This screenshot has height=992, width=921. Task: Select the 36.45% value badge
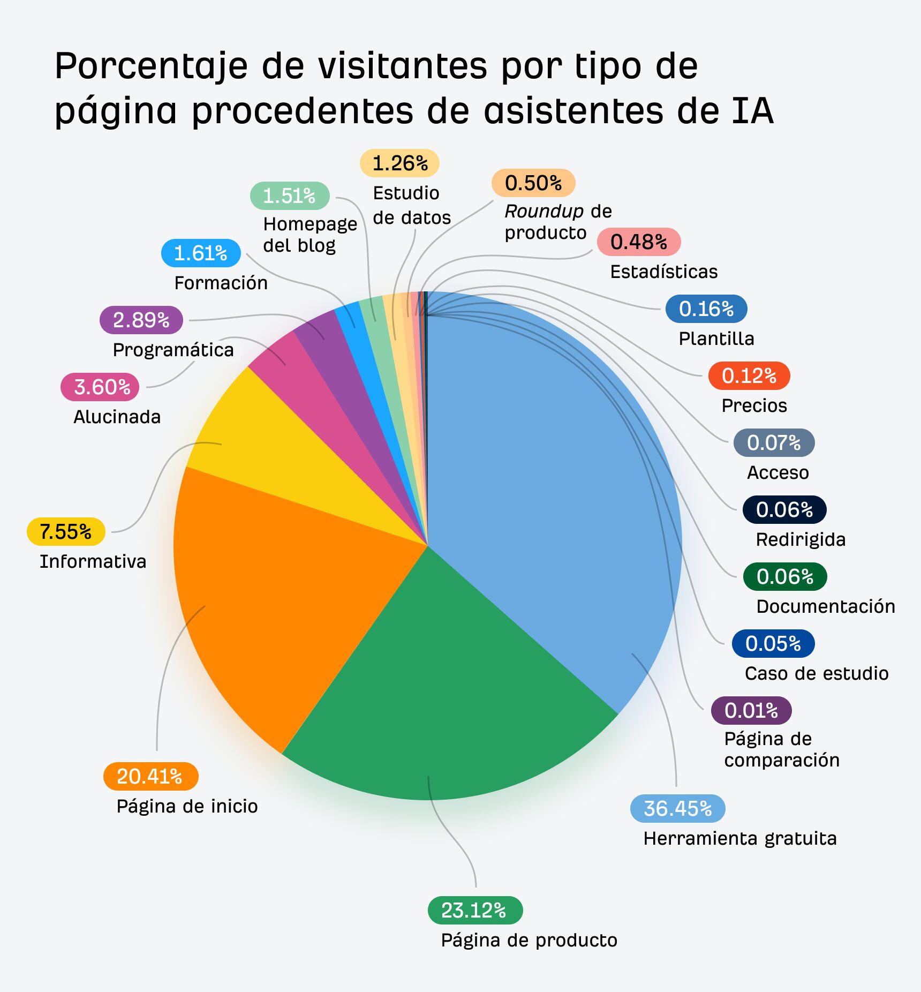click(x=677, y=808)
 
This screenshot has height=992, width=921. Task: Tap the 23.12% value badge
click(x=475, y=910)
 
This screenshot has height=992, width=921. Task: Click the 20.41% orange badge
click(x=150, y=776)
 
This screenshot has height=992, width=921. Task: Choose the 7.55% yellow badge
click(x=66, y=531)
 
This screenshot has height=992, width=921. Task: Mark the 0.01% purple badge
click(x=751, y=710)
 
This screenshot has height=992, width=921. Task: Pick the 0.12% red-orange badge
click(x=749, y=375)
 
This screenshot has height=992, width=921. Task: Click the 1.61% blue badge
click(x=201, y=253)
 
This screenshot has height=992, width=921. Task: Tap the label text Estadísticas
click(x=663, y=272)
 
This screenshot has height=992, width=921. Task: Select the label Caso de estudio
click(x=816, y=673)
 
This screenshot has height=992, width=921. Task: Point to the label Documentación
click(x=825, y=606)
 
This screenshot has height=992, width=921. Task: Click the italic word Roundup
click(x=543, y=211)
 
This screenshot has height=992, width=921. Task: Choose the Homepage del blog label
click(x=309, y=234)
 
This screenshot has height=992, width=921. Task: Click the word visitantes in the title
click(x=402, y=66)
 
